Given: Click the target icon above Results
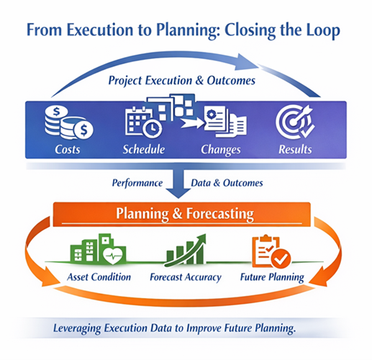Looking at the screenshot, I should pyautogui.click(x=294, y=121).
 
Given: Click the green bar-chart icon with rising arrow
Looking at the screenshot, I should pyautogui.click(x=185, y=251).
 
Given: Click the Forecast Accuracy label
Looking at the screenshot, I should pyautogui.click(x=185, y=276).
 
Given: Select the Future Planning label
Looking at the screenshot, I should pyautogui.click(x=273, y=276).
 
